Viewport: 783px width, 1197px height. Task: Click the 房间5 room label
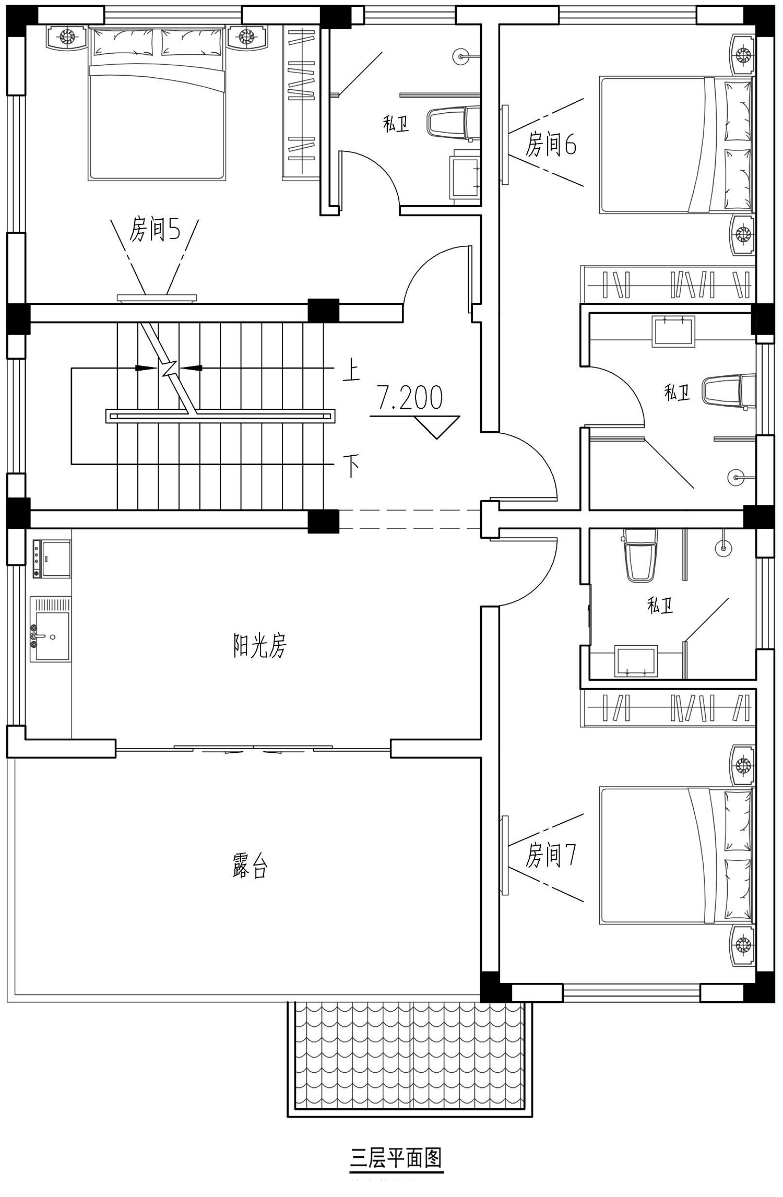point(155,230)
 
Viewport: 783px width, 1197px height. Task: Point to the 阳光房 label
point(259,646)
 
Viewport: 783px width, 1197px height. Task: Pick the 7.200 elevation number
point(410,397)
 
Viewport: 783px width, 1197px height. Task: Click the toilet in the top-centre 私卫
point(453,123)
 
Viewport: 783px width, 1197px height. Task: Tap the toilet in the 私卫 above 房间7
point(641,555)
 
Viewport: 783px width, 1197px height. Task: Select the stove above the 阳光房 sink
point(51,559)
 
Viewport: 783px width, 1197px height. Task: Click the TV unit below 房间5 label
point(157,298)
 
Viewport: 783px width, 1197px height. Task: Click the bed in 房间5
point(158,104)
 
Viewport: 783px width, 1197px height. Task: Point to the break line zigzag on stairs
point(169,368)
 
